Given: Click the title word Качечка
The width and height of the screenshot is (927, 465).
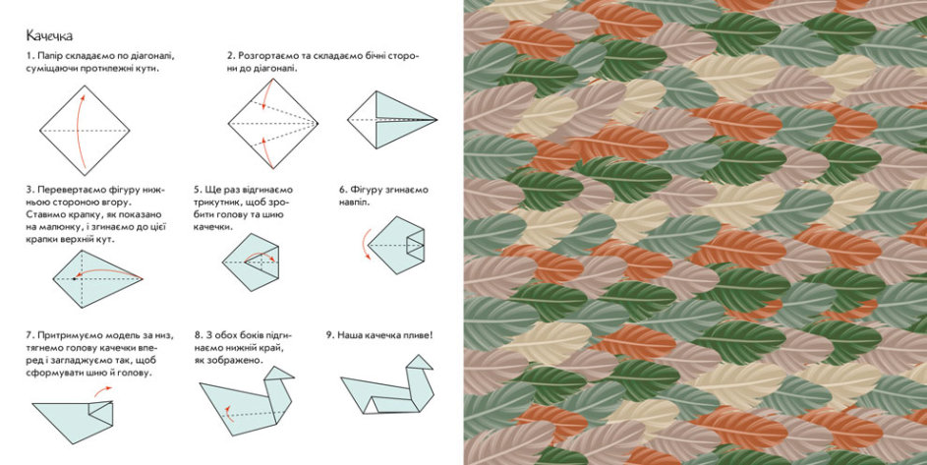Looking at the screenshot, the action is pos(49,36).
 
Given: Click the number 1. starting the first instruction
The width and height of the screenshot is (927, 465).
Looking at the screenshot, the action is pos(29,56).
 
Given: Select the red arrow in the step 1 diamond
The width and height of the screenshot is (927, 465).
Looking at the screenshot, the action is pos(81,129).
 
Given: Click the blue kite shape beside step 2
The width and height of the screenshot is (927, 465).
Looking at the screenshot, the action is pos(392,120).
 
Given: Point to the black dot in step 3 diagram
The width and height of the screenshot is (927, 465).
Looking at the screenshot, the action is pos(74,278).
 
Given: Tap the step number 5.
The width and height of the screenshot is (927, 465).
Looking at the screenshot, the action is pos(198,190).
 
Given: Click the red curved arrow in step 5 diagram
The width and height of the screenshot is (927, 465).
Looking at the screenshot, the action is pos(261,257).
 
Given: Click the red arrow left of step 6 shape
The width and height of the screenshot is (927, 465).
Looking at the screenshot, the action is pos(365,243).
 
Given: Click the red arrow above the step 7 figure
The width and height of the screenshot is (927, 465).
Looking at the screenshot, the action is pos(103,391).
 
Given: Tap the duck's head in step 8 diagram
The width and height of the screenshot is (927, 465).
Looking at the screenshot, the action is pos(278,374).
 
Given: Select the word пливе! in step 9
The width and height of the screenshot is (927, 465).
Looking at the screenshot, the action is pos(418,335).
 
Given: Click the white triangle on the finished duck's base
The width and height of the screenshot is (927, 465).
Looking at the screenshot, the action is pos(372,405).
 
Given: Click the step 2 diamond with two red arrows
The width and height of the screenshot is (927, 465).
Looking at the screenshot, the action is pos(273,124).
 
